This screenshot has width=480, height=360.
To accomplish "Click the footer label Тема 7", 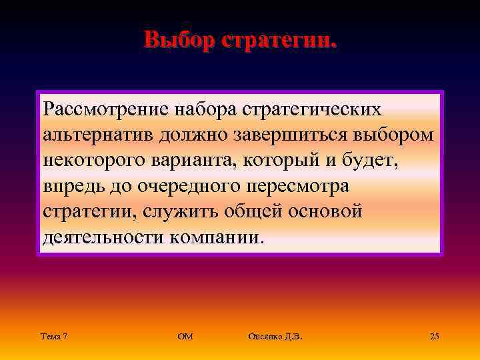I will click(x=53, y=337).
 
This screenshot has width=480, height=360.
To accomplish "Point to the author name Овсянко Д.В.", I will click(x=275, y=337).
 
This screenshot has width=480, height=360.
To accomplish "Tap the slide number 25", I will click(x=435, y=337).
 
